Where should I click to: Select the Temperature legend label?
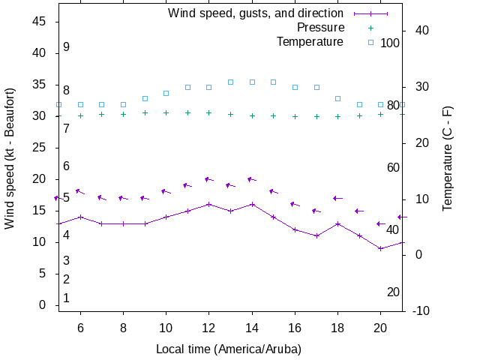click(x=310, y=42)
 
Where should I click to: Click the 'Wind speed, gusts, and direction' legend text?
click(x=256, y=13)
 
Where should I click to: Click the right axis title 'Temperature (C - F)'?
click(x=448, y=157)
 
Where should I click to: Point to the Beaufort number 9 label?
click(x=66, y=47)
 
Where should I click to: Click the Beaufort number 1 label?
click(x=66, y=298)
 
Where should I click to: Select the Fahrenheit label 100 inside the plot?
click(x=390, y=43)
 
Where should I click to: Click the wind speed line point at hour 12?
click(x=209, y=204)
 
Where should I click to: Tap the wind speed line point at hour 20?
click(x=381, y=248)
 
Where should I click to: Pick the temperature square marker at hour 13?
click(x=231, y=82)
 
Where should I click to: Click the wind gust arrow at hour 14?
click(x=252, y=179)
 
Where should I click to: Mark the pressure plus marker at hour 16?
click(x=295, y=116)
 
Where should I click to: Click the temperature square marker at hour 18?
click(x=338, y=98)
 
